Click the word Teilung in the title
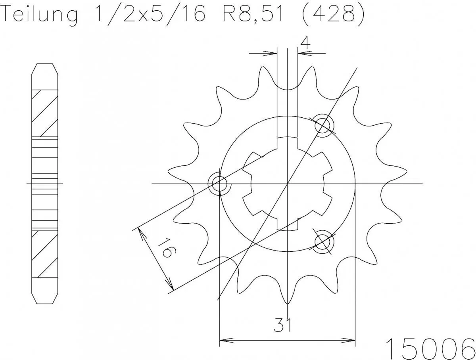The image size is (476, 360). [40, 15]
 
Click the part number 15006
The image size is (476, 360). [431, 348]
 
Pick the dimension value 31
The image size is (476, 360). [282, 325]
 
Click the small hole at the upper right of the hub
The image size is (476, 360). [323, 125]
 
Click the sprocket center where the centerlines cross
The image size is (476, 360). [287, 184]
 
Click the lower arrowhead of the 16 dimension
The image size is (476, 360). [171, 289]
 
